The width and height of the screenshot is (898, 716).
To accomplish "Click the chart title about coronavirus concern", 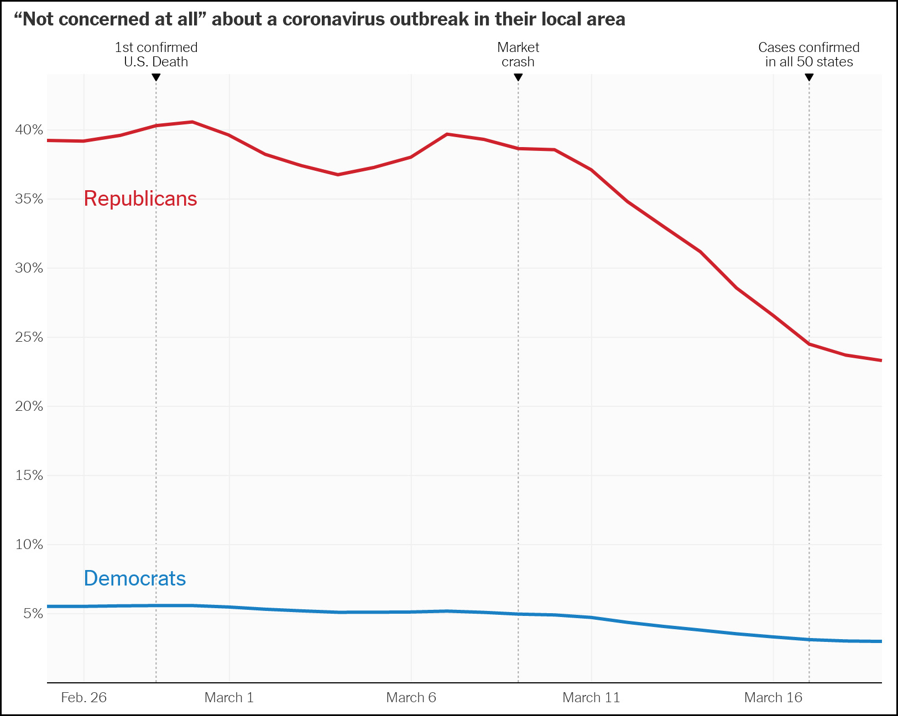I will point(320,19).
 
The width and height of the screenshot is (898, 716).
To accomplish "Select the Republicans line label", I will point(140,198).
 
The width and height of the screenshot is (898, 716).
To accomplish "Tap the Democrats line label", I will point(135,578).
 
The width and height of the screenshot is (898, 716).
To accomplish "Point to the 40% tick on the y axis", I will point(29,130).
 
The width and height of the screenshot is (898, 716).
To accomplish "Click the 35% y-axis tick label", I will point(29,199).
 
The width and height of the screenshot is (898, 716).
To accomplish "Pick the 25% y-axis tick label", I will point(29,337).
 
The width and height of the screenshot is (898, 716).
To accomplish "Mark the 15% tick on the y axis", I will point(29,475).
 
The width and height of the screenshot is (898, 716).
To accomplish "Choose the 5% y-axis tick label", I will point(33,614).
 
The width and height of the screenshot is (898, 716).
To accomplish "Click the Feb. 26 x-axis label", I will point(83,698).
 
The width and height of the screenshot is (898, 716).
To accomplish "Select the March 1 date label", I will point(229,698).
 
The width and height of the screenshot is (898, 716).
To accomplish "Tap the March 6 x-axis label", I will point(411,698).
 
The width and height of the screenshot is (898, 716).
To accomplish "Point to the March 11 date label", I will point(591,698).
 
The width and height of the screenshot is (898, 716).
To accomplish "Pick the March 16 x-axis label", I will point(773,698).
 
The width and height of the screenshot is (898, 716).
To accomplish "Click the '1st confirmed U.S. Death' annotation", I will point(156,55).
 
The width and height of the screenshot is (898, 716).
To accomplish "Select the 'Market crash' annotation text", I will point(518,55).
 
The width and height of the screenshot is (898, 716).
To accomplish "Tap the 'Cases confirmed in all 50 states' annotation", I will point(809,55).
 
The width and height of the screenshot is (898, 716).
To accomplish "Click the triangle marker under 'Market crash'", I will point(518,77).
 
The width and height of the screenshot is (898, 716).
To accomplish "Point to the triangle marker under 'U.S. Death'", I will point(156,77).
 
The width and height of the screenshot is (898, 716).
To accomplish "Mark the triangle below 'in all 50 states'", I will point(809,77).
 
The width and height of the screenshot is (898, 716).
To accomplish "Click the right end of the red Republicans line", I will point(880,360).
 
